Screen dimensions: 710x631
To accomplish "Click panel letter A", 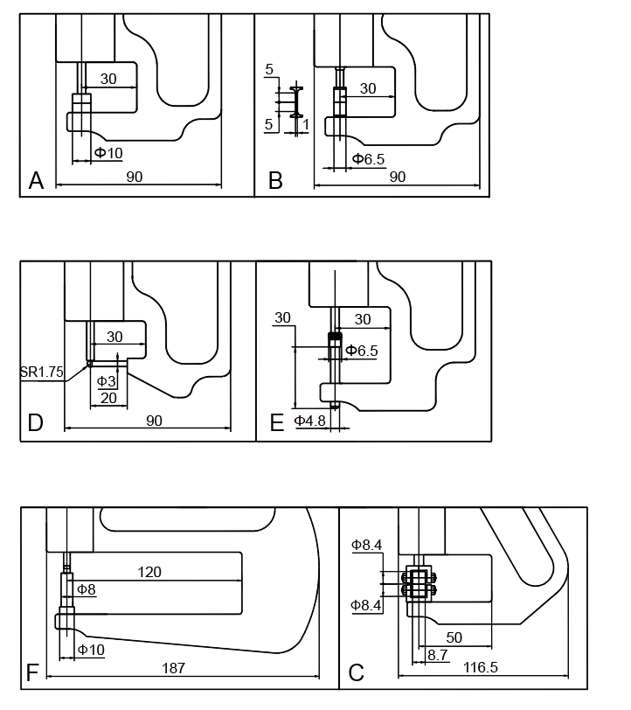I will click(x=37, y=181).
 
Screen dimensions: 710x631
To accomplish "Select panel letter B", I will click(x=276, y=181).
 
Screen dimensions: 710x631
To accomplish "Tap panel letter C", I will click(x=356, y=673).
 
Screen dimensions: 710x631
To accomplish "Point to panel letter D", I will click(x=36, y=423).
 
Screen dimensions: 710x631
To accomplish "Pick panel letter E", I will click(x=277, y=423).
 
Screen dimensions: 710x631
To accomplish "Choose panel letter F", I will click(x=32, y=672).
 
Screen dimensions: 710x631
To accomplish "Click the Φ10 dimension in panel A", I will click(x=108, y=154).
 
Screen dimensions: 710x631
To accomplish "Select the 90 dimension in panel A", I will click(x=134, y=177).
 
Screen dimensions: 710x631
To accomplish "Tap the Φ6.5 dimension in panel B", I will click(x=368, y=158).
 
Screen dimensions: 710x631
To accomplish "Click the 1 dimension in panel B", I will click(x=305, y=124).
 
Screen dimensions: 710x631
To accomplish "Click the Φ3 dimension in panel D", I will click(x=106, y=381).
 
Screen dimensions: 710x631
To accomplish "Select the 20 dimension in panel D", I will click(x=109, y=398).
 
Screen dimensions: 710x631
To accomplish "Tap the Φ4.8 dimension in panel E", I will click(x=309, y=421).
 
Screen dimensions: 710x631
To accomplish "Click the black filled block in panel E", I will click(x=333, y=338).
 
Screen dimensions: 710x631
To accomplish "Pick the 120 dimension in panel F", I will click(x=149, y=572).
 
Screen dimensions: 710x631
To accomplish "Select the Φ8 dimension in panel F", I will click(x=87, y=589).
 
